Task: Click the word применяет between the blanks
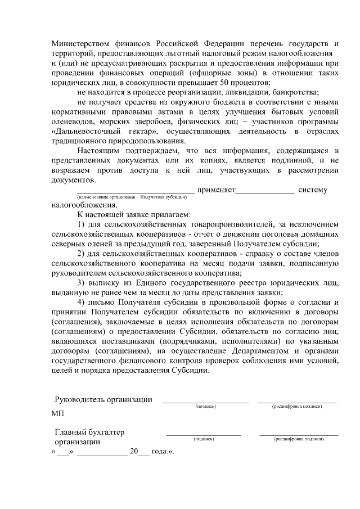pos(215,190)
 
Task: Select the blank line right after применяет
pos(264,192)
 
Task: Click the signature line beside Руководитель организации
pos(205,402)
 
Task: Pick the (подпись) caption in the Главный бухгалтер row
pos(203,439)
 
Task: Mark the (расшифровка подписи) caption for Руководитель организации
pos(297,406)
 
